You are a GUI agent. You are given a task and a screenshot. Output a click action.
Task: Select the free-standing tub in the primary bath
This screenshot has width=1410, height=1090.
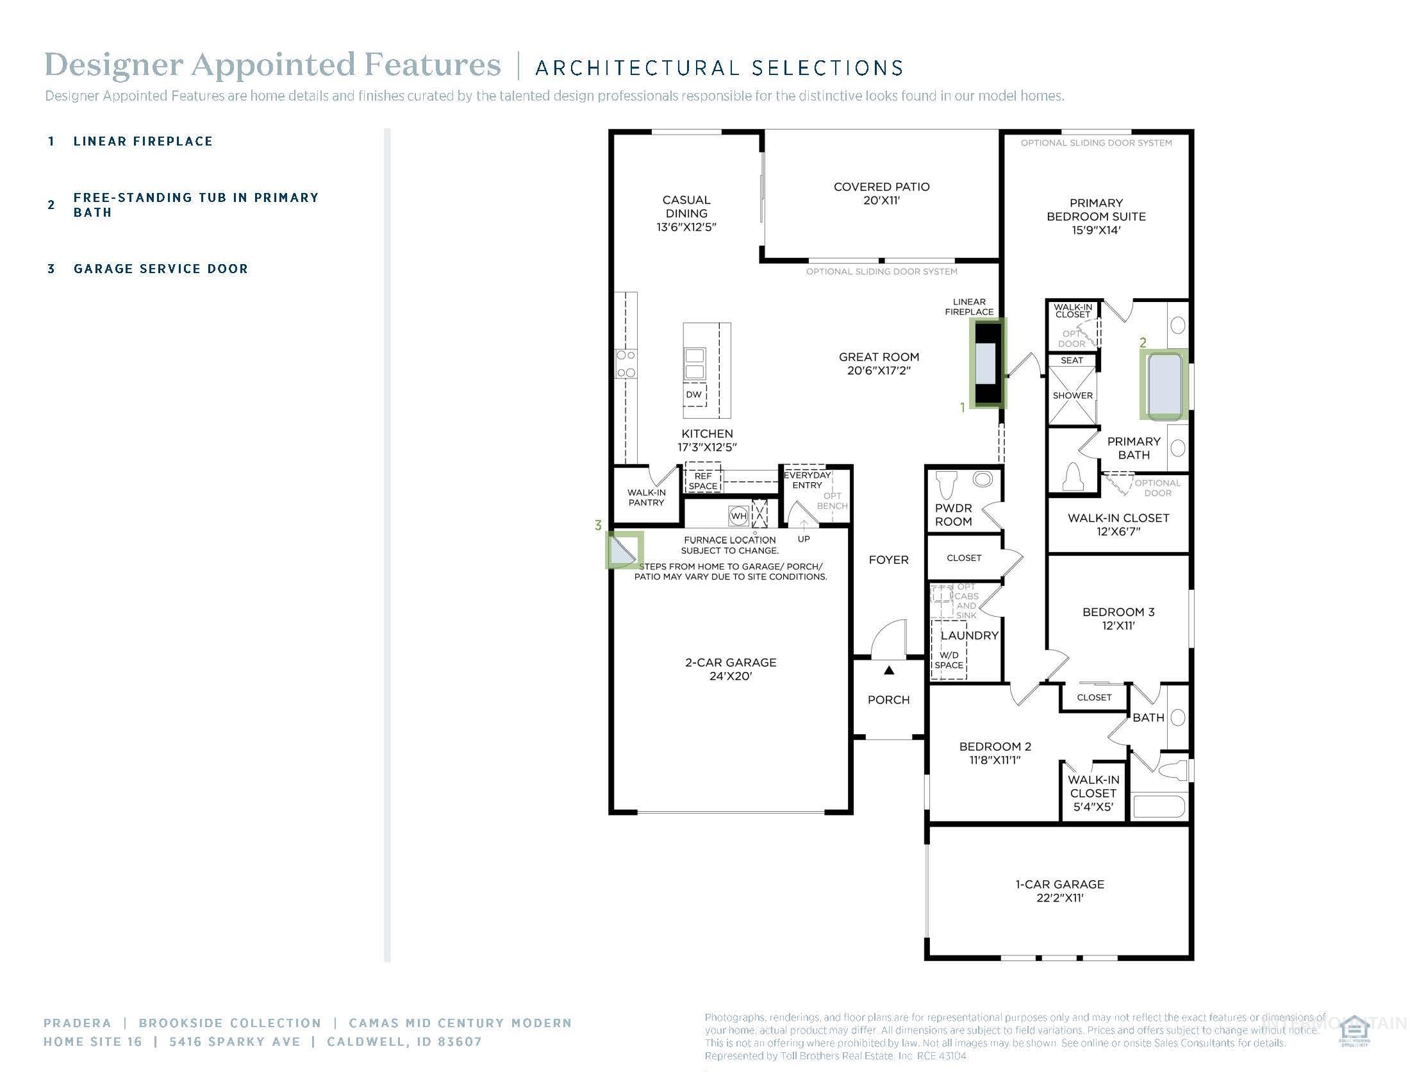click(x=1165, y=385)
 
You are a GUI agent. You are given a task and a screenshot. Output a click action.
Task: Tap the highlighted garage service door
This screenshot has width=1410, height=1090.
click(x=624, y=550)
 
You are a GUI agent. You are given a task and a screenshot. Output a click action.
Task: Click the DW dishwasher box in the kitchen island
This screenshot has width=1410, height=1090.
click(x=694, y=394)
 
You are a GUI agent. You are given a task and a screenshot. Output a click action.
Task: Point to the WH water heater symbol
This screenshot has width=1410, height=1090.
click(x=738, y=516)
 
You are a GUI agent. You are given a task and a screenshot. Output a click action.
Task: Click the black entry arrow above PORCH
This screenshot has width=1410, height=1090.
click(x=889, y=670)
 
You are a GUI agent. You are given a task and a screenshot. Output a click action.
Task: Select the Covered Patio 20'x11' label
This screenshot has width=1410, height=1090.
click(x=881, y=193)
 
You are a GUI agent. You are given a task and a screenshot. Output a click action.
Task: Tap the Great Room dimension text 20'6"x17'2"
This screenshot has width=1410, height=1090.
click(x=879, y=371)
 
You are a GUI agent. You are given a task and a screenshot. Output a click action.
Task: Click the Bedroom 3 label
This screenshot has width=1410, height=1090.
click(x=1118, y=612)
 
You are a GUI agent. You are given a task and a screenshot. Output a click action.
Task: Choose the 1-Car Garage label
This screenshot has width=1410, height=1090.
click(x=1059, y=884)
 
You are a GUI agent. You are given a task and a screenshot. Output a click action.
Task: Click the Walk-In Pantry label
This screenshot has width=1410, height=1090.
click(x=646, y=497)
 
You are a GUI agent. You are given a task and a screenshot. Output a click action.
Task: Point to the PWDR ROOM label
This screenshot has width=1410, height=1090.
click(x=953, y=515)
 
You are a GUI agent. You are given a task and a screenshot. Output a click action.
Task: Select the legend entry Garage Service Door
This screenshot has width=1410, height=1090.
click(x=160, y=269)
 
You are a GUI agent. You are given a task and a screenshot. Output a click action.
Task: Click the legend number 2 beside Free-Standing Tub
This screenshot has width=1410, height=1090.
click(x=52, y=205)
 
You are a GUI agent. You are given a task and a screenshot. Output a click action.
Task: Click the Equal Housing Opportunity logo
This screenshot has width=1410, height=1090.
click(x=1354, y=1031)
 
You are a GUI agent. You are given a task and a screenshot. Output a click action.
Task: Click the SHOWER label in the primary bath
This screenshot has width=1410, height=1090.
click(x=1072, y=395)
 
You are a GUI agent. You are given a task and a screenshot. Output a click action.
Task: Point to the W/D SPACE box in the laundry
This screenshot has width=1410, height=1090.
click(x=949, y=660)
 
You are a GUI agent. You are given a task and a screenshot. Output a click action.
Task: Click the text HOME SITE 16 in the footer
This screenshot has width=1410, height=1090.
click(x=92, y=1041)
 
